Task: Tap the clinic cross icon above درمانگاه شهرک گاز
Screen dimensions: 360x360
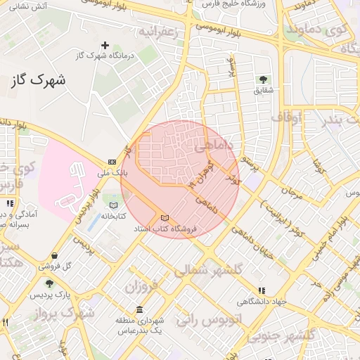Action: coord(105,45)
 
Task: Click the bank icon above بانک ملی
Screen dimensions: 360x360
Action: coord(112,162)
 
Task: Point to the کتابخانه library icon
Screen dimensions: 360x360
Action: coord(113,205)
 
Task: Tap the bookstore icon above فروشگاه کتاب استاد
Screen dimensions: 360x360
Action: coord(165,218)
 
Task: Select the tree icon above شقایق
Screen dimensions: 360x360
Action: coord(264,79)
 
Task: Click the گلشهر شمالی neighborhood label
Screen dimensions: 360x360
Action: coord(207,269)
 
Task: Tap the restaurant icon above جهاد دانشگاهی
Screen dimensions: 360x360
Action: coord(262,290)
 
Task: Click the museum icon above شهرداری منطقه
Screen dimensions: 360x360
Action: coord(139,310)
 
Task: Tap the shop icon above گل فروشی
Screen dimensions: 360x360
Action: coord(55,255)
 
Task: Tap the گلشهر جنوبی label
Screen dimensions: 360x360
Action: coord(305,336)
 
